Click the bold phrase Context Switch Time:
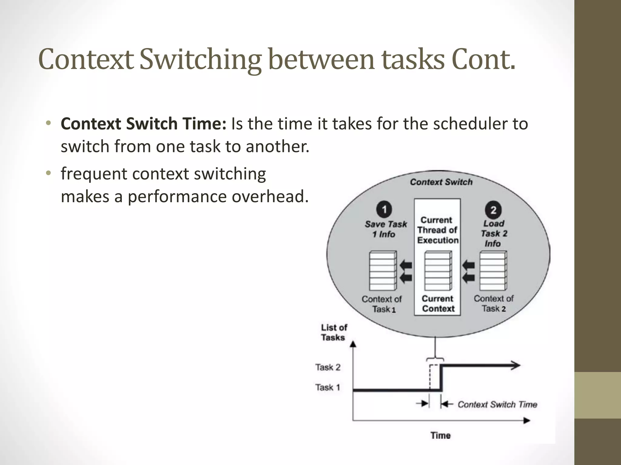[x=143, y=124]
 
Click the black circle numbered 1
[x=384, y=209]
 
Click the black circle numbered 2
[x=493, y=210]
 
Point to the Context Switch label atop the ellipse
[x=441, y=182]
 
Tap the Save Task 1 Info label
[x=385, y=229]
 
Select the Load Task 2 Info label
[x=494, y=233]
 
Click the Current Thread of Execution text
[x=438, y=230]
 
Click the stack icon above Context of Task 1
[x=383, y=271]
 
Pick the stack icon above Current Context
[x=438, y=271]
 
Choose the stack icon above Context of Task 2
[x=493, y=271]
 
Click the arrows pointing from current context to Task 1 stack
[x=406, y=272]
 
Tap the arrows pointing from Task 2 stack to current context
[x=468, y=272]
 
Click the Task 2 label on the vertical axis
[x=328, y=367]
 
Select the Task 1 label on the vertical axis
[x=327, y=387]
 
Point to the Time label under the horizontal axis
[x=441, y=435]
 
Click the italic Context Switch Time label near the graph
[x=497, y=404]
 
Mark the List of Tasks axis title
[x=334, y=332]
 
